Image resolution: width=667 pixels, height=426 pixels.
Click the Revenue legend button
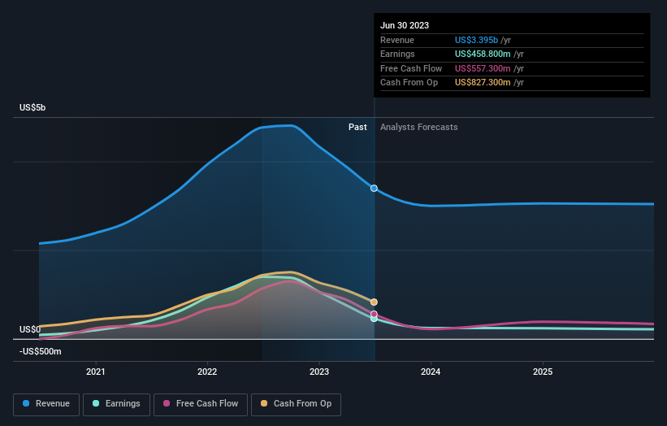pyautogui.click(x=45, y=404)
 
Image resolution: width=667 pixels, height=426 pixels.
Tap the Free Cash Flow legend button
pyautogui.click(x=200, y=404)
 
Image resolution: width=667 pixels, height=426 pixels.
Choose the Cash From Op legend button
pyautogui.click(x=296, y=404)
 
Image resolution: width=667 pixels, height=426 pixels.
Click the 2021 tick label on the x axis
pyautogui.click(x=96, y=372)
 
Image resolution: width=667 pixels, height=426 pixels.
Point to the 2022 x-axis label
pyautogui.click(x=207, y=372)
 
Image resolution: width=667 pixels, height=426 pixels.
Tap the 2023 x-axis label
pyautogui.click(x=319, y=372)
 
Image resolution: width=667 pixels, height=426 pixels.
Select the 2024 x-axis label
pyautogui.click(x=431, y=372)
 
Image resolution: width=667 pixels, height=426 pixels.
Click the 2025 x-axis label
pyautogui.click(x=543, y=372)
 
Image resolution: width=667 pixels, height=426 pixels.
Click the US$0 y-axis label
pyautogui.click(x=30, y=329)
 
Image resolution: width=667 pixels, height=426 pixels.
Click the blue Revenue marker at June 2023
pyautogui.click(x=374, y=188)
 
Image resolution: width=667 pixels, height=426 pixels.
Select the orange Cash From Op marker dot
pyautogui.click(x=374, y=302)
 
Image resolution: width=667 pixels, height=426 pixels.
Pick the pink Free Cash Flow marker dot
pyautogui.click(x=374, y=314)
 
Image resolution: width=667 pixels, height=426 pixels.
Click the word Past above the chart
pyautogui.click(x=357, y=127)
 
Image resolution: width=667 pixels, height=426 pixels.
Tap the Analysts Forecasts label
pyautogui.click(x=418, y=127)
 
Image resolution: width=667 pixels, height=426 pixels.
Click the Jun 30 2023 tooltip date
pyautogui.click(x=405, y=25)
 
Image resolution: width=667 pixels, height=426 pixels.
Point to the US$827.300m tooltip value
pyautogui.click(x=483, y=82)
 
